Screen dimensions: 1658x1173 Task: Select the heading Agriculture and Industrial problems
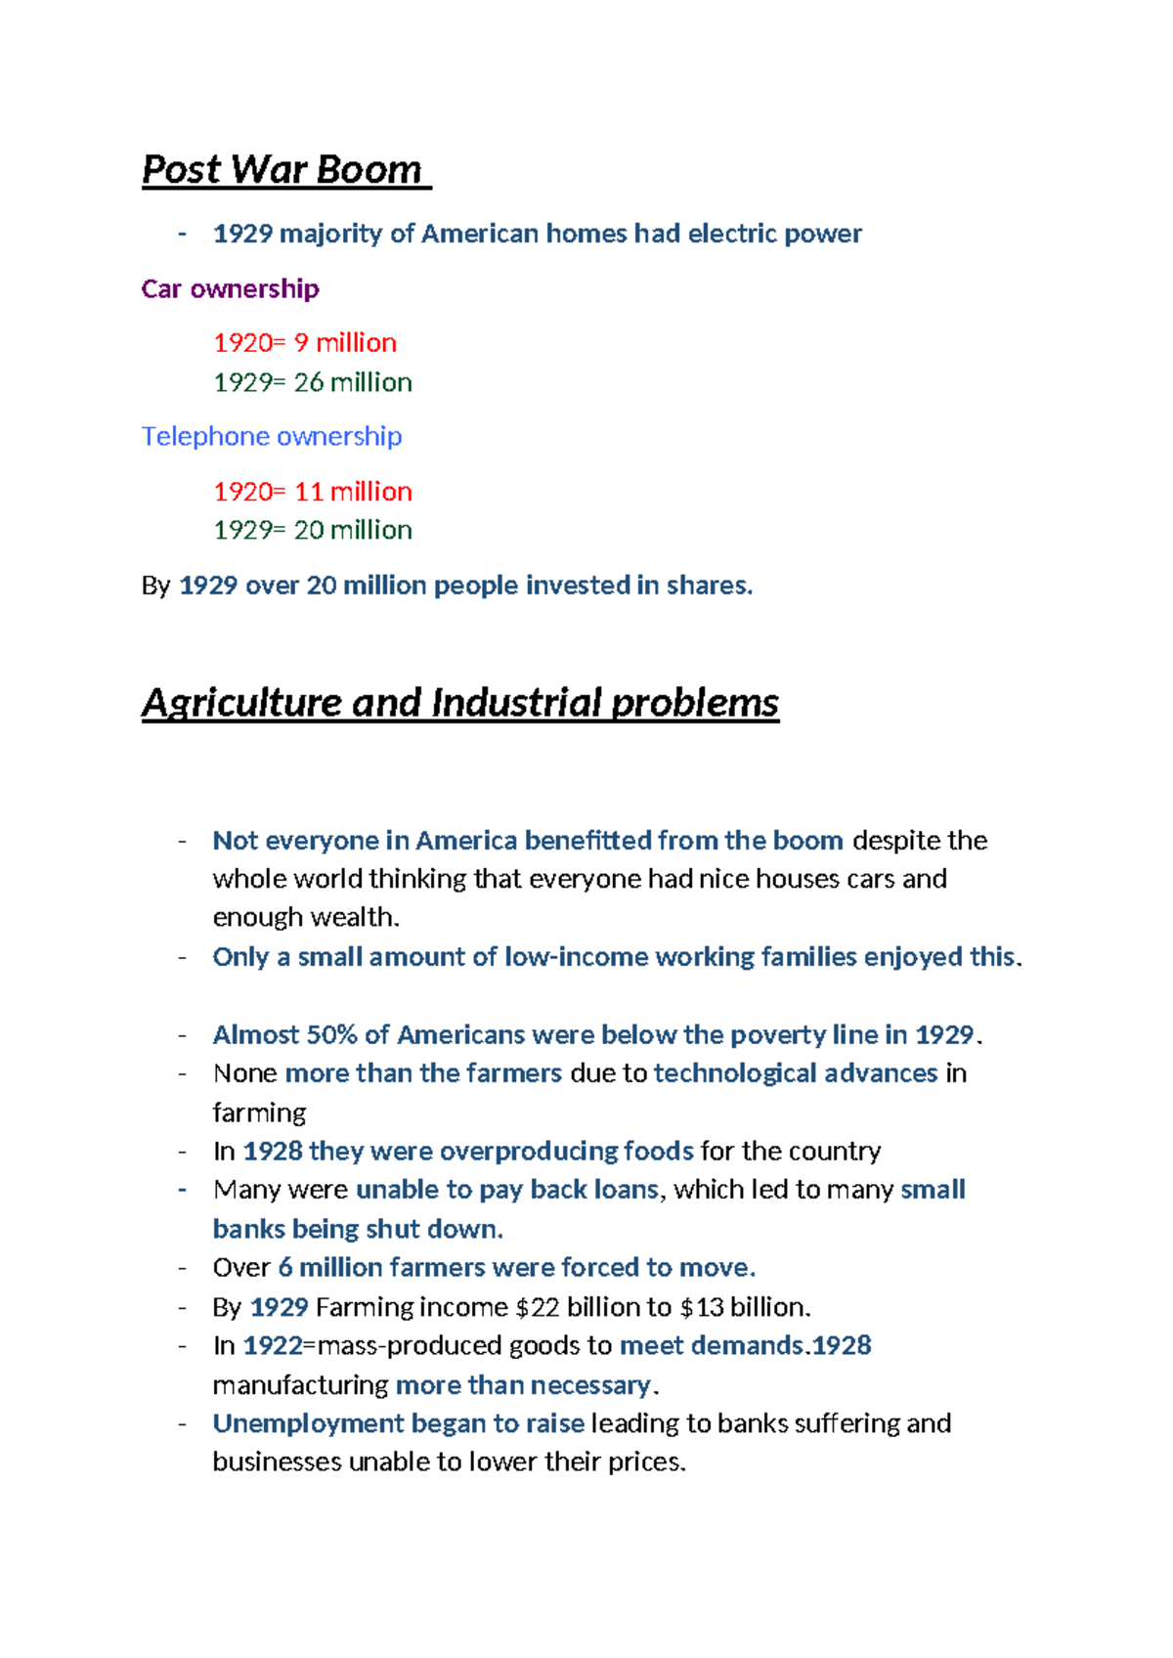459,703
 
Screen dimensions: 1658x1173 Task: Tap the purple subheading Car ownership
230,289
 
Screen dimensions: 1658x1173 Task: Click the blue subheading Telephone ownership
272,436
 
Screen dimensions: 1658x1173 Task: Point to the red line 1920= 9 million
305,343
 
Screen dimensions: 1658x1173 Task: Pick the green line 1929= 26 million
313,382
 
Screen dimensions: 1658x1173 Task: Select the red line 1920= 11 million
313,491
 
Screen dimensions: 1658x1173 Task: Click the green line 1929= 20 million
313,530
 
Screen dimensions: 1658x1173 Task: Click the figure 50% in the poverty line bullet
332,1034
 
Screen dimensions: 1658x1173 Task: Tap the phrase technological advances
796,1073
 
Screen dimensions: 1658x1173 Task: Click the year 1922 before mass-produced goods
273,1346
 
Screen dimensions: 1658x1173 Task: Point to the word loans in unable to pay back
626,1190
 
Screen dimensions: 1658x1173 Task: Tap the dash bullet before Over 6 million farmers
182,1269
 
